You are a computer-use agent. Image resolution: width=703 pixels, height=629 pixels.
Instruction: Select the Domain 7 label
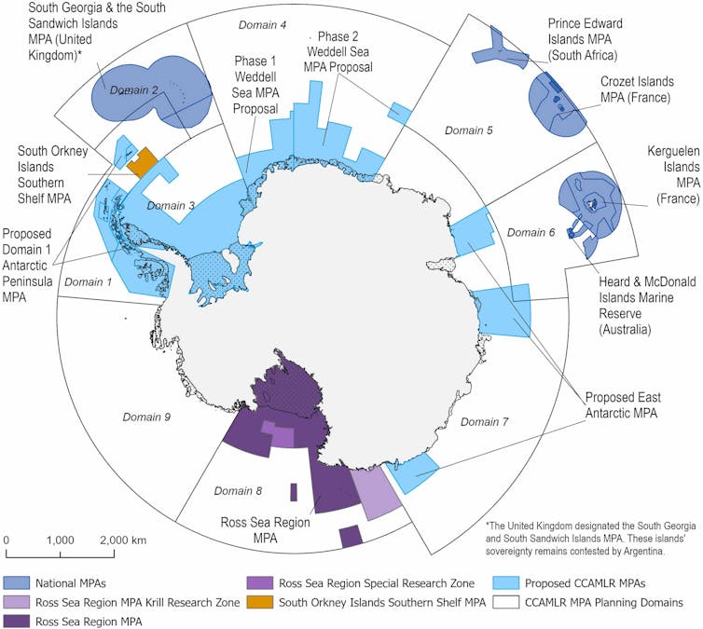485,422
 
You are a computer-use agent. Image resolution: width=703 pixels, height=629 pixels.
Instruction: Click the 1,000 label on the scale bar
60,540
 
